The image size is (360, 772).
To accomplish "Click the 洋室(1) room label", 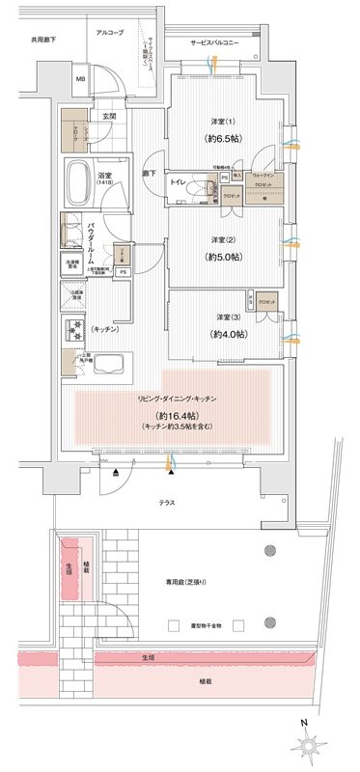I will pos(225,122).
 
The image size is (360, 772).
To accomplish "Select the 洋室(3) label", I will pos(229,317).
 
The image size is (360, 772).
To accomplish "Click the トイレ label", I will pos(178,181).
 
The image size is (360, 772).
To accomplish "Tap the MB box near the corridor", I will pos(81,79).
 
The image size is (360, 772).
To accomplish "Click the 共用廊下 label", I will pos(44,41).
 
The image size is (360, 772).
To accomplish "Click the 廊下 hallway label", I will pos(151,172).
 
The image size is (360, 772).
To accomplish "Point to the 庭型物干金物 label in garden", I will pos(205,626).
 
